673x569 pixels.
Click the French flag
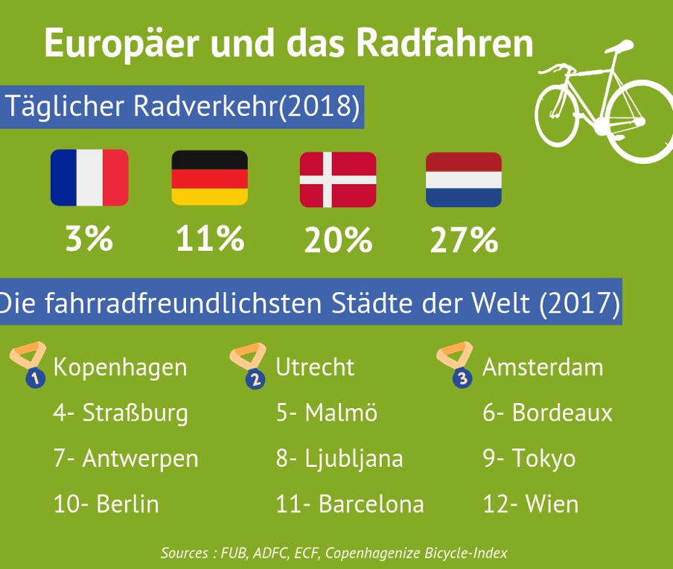(x=89, y=177)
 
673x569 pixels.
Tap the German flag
(x=209, y=177)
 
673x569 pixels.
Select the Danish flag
(x=337, y=179)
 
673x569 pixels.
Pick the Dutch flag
(x=463, y=179)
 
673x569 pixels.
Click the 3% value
(x=89, y=240)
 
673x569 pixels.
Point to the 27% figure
(x=463, y=240)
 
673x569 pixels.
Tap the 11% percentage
(x=209, y=240)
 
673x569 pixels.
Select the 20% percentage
(x=337, y=240)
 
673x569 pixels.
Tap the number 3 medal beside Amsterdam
(x=456, y=365)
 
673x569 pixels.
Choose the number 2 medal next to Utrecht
(x=249, y=366)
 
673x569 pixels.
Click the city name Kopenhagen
(x=120, y=367)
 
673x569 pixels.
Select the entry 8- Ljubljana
(x=339, y=458)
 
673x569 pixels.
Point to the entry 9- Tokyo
(x=529, y=458)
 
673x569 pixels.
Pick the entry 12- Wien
(x=530, y=504)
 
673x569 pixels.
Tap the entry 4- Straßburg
(x=121, y=413)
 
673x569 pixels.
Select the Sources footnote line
(x=334, y=553)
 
